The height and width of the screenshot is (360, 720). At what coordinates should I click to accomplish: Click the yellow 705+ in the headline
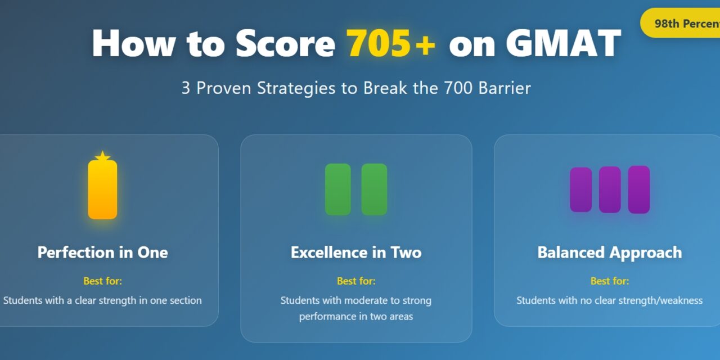pyautogui.click(x=391, y=43)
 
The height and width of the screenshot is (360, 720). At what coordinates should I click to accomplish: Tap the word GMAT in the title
pyautogui.click(x=564, y=43)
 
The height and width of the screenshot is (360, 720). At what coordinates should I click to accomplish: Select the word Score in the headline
pyautogui.click(x=285, y=43)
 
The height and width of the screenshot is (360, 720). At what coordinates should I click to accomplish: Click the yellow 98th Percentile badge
pyautogui.click(x=680, y=23)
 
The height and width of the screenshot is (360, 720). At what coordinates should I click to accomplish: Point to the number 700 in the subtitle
pyautogui.click(x=458, y=88)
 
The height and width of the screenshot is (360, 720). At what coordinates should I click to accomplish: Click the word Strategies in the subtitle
pyautogui.click(x=296, y=88)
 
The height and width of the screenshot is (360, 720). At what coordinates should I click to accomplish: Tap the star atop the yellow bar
pyautogui.click(x=102, y=156)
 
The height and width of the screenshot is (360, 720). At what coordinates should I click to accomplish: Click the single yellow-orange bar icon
pyautogui.click(x=102, y=190)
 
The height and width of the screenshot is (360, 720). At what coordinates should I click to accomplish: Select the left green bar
pyautogui.click(x=338, y=190)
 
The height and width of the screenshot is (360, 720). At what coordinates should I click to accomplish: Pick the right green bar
pyautogui.click(x=374, y=190)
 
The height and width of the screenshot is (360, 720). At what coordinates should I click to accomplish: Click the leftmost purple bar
pyautogui.click(x=581, y=190)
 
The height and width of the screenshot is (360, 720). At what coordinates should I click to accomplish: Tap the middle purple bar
pyautogui.click(x=610, y=190)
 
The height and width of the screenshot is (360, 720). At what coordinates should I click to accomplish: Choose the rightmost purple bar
pyautogui.click(x=639, y=190)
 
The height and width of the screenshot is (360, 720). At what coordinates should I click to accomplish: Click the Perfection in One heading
pyautogui.click(x=102, y=253)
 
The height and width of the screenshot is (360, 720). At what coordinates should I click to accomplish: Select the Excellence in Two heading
pyautogui.click(x=356, y=253)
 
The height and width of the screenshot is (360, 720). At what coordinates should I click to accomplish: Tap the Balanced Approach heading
pyautogui.click(x=610, y=253)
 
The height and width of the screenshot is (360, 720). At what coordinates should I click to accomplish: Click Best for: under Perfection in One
pyautogui.click(x=102, y=281)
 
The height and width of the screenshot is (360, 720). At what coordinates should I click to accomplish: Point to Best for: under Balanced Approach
pyautogui.click(x=610, y=281)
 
